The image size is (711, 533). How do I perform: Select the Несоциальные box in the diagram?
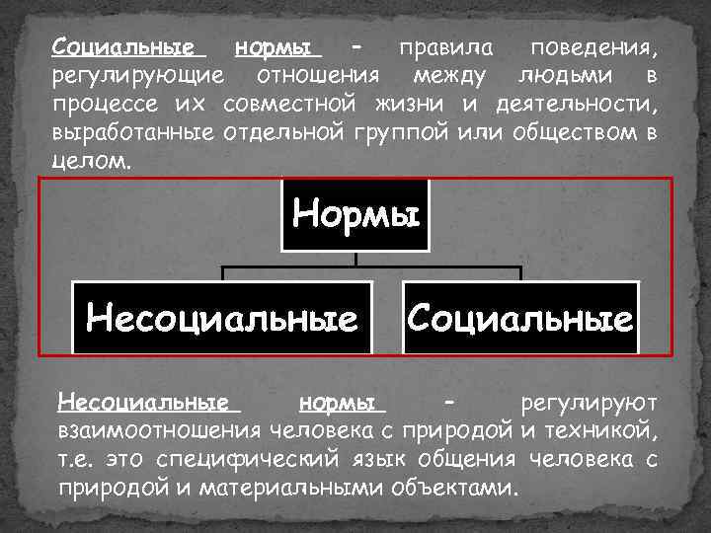coord(222,318)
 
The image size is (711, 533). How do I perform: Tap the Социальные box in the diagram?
coord(520,318)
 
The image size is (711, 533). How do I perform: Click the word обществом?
coord(574,133)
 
